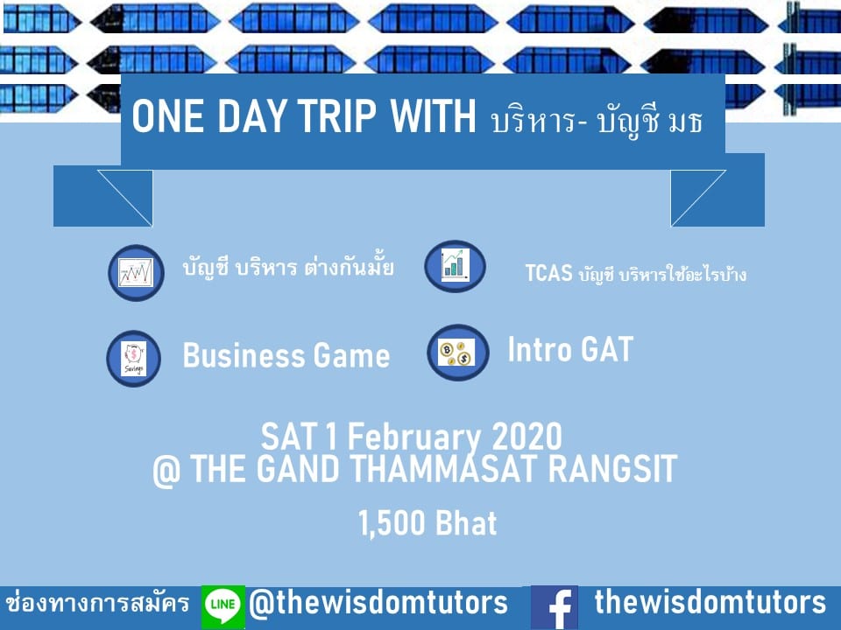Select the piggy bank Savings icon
(133, 359)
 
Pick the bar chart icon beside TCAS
(455, 265)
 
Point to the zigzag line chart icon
(136, 273)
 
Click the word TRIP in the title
(336, 115)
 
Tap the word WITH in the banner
(433, 115)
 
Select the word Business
(244, 356)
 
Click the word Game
(351, 356)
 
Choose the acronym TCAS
(548, 273)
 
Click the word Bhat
(466, 523)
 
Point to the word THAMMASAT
(444, 469)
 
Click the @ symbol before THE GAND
(166, 472)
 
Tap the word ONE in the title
(167, 115)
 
